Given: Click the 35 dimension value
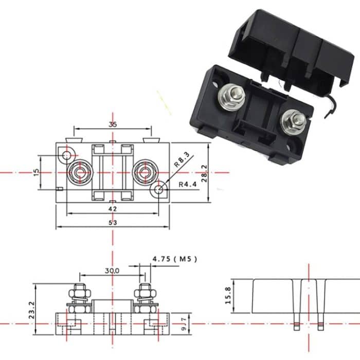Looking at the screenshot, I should coord(113,124).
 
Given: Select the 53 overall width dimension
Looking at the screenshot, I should coord(113,222).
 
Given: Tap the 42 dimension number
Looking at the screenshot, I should coord(113,209).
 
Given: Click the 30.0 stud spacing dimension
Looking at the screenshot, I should coord(112,270).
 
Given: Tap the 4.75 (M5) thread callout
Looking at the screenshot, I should coord(175,259).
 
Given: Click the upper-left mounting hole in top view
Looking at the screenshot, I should coord(67,154).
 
